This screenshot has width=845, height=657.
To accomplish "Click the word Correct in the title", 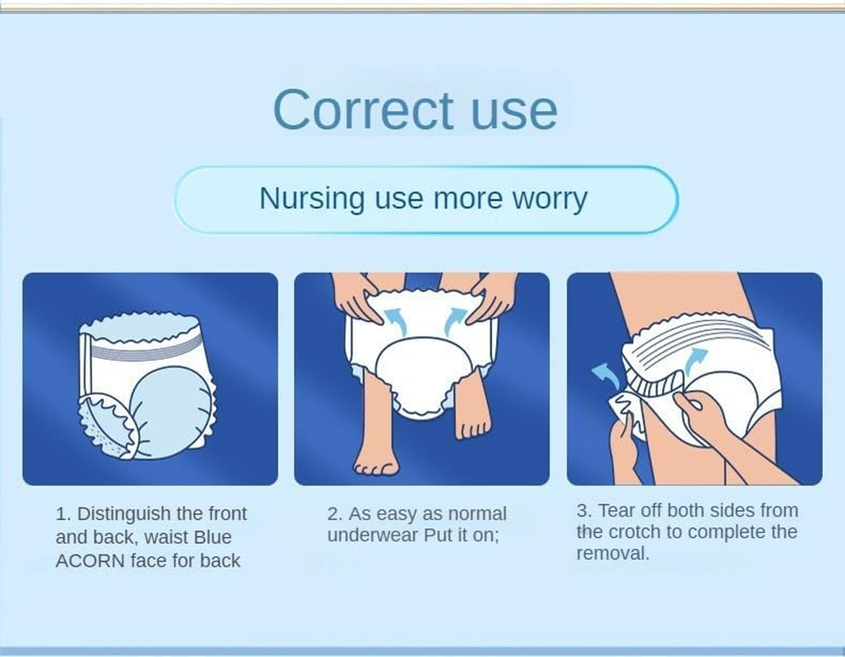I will coord(362,110).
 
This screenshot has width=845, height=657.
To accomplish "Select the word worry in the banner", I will coord(546,199).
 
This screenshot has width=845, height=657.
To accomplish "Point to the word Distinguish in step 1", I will coord(127,514).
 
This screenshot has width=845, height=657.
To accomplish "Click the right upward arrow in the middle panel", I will coord(456,319).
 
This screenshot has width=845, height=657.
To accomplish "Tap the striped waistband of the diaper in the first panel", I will coord(144,348).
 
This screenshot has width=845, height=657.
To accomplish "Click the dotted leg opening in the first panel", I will coord(105,423).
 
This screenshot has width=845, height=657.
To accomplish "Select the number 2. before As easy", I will coord(334,514).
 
